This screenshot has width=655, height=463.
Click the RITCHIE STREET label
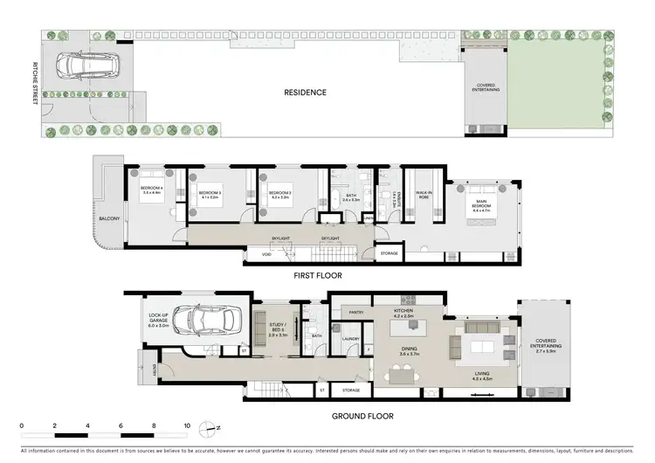34,85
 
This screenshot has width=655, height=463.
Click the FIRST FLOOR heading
318,275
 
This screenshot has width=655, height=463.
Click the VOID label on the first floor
266,254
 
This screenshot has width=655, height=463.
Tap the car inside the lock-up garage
207,321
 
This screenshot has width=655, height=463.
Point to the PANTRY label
355,311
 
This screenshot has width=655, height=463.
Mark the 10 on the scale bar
187,427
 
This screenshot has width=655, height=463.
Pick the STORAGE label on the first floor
390,254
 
